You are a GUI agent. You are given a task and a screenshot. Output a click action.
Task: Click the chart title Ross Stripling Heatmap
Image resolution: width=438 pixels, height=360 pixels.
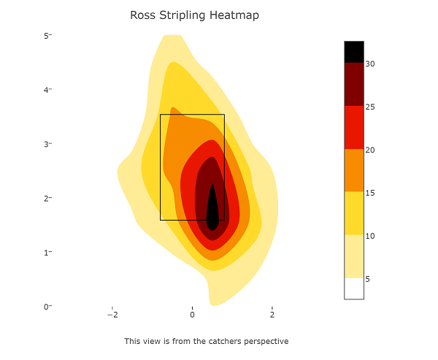click(x=194, y=15)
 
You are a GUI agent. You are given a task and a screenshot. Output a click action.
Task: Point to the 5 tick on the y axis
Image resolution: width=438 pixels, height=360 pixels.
click(x=45, y=36)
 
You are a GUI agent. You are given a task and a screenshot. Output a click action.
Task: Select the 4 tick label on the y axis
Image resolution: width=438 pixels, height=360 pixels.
click(x=45, y=90)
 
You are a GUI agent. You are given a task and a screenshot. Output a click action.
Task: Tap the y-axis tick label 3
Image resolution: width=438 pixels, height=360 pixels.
click(x=45, y=144)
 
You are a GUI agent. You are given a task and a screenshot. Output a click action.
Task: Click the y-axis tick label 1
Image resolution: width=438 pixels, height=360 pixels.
click(x=45, y=253)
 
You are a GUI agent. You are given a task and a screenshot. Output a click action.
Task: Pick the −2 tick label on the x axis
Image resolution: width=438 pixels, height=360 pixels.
click(x=112, y=315)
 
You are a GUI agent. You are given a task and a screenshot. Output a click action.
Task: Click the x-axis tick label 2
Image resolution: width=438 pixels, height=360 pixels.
click(x=272, y=315)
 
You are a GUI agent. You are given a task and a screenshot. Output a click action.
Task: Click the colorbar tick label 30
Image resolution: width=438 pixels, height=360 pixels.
click(x=370, y=64)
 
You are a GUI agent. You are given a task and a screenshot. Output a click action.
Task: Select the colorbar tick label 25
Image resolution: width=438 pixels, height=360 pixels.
click(x=370, y=107)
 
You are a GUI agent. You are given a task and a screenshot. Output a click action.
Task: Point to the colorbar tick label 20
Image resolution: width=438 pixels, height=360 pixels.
click(x=370, y=150)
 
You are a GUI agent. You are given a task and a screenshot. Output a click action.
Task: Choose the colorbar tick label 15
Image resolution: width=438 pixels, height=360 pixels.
click(x=370, y=193)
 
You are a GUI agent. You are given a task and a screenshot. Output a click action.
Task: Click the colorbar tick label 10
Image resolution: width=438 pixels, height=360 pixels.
click(x=370, y=236)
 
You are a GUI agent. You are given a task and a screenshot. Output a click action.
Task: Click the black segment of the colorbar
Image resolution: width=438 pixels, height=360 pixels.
click(x=354, y=52)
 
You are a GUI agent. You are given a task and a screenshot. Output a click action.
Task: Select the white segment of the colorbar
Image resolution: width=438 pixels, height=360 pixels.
click(x=354, y=288)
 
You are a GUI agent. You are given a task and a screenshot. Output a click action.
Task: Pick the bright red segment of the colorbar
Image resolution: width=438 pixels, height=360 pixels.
click(x=354, y=128)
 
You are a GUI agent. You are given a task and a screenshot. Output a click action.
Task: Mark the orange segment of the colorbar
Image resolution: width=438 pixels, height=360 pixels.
click(x=354, y=170)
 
